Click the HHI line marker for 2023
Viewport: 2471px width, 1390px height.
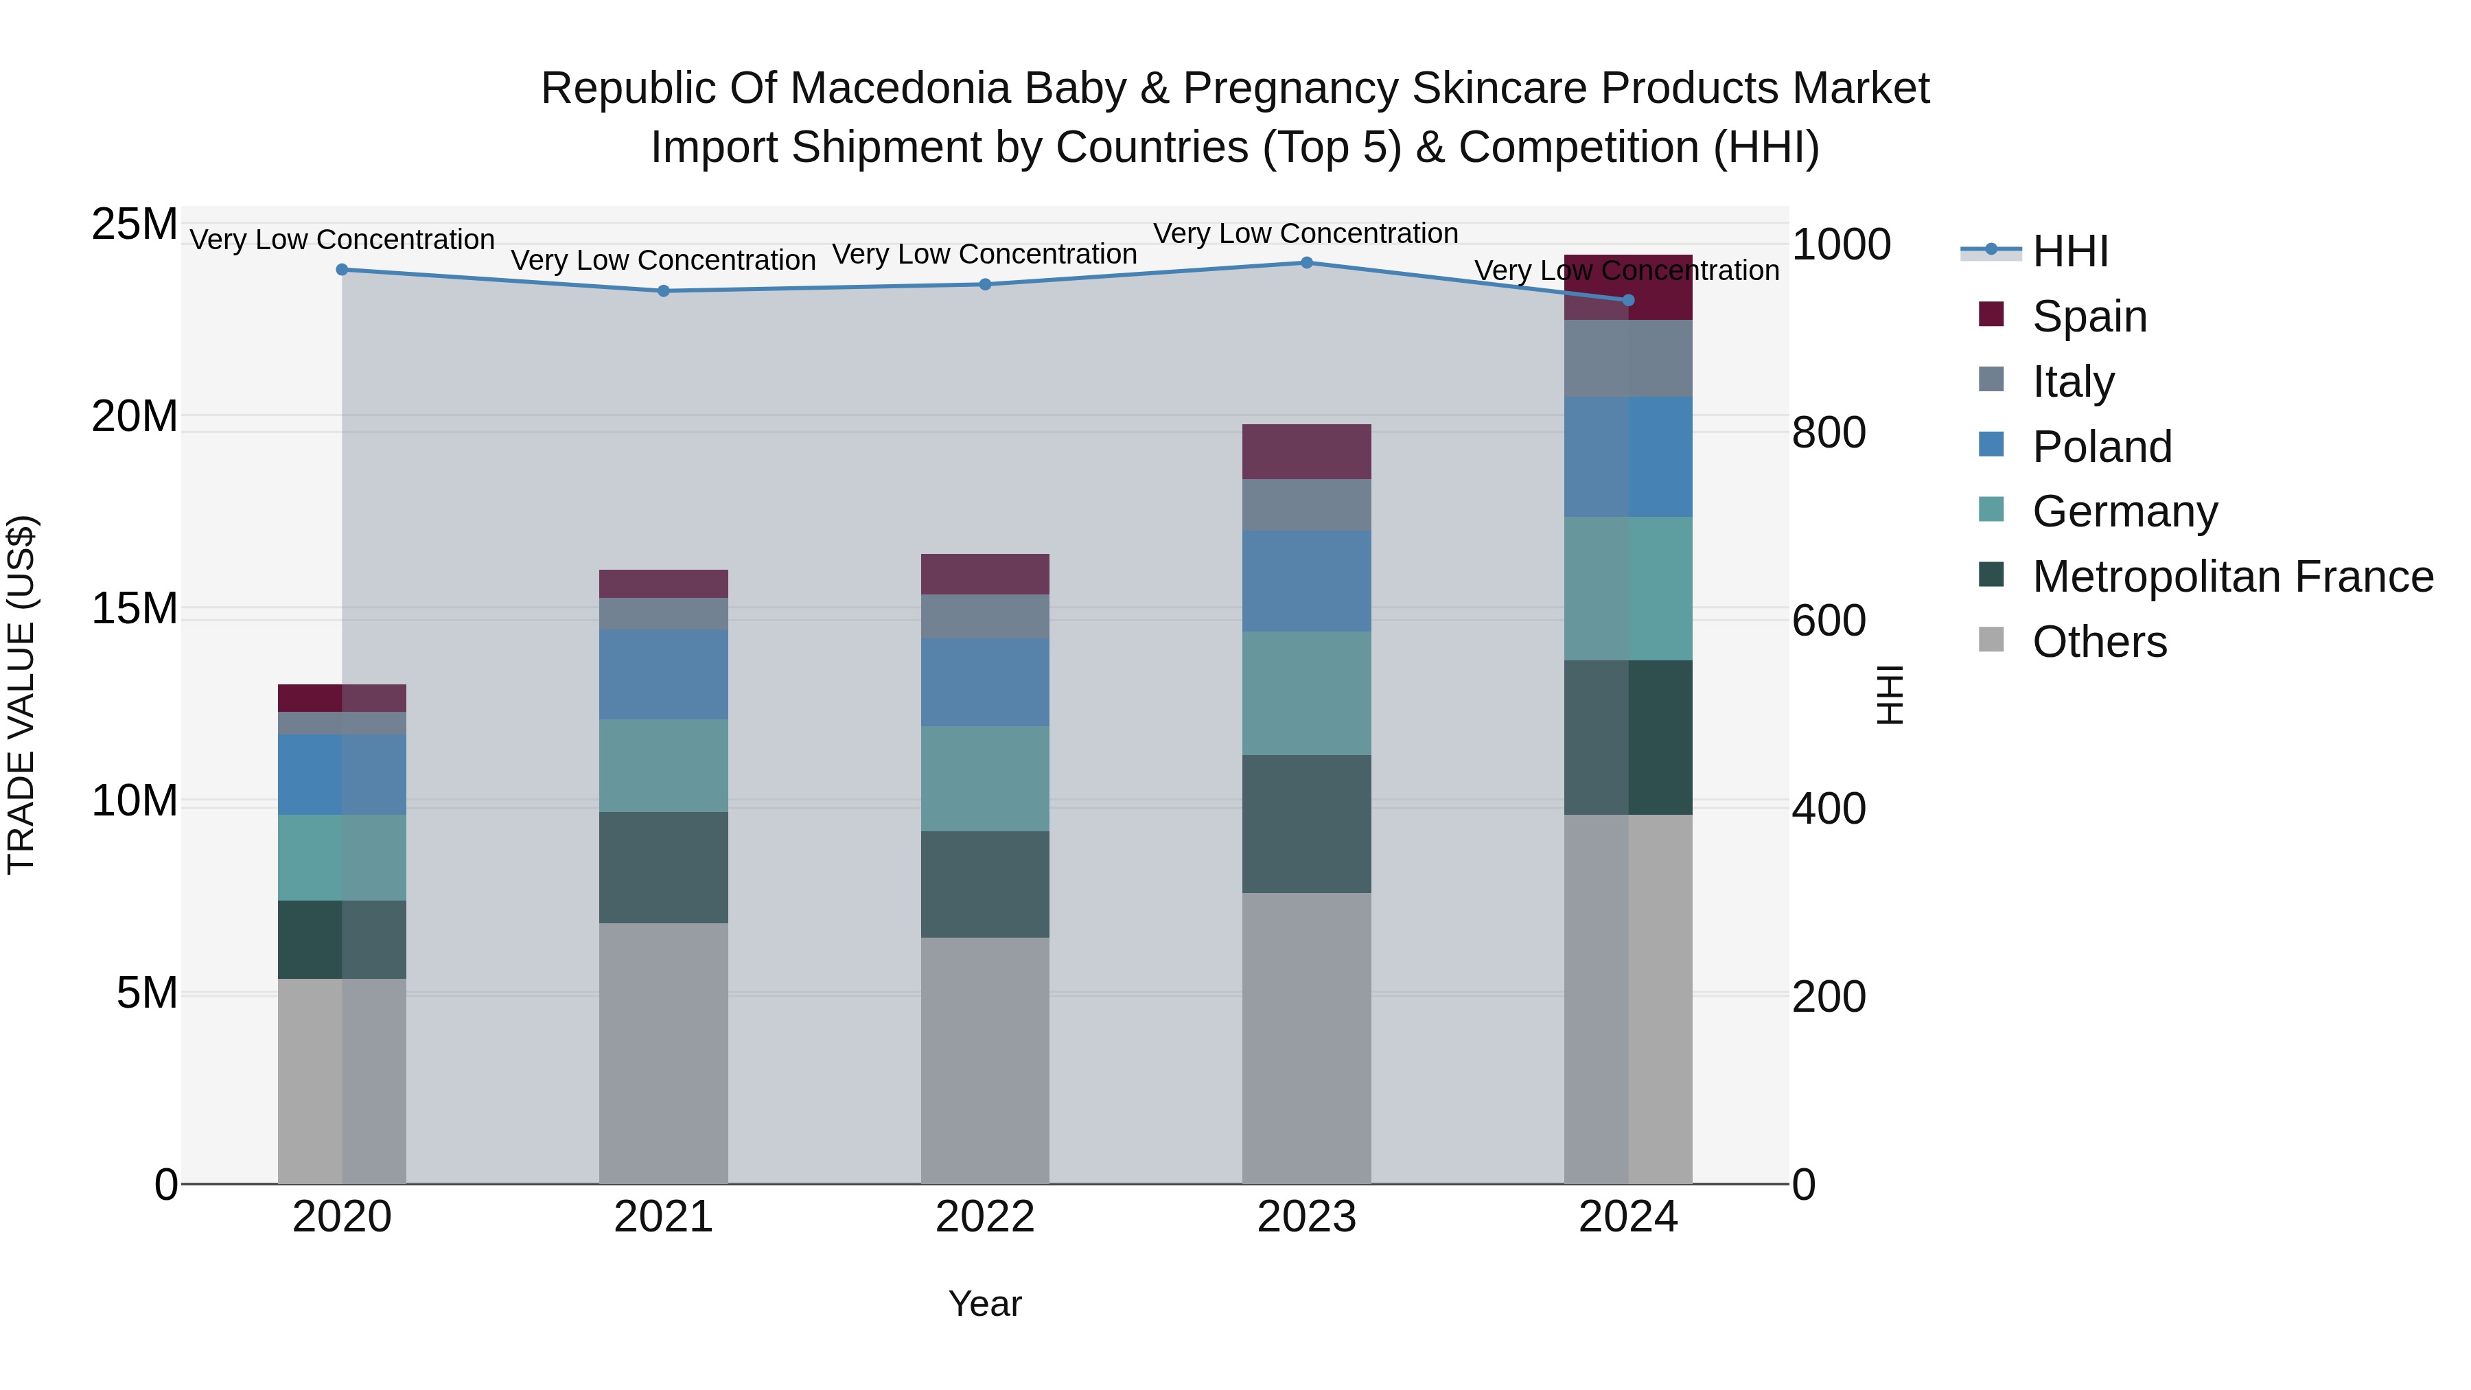(1306, 263)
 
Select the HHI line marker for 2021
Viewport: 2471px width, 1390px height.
(664, 292)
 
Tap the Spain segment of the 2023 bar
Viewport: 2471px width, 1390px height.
(1306, 452)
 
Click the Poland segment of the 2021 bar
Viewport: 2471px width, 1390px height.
(664, 674)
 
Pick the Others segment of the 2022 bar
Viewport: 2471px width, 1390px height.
(985, 1060)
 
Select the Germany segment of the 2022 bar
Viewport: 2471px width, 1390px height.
(985, 779)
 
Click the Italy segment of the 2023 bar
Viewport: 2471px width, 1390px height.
(1306, 505)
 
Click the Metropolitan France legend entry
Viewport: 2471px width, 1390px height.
(2232, 577)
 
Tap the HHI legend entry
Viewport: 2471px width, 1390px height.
(2070, 251)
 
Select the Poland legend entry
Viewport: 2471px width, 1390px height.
(2101, 447)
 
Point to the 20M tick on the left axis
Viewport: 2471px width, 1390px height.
(135, 417)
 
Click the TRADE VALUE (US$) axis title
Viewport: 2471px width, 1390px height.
(21, 695)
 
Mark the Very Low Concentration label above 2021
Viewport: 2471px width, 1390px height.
(664, 261)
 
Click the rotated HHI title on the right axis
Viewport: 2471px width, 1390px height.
(1889, 695)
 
